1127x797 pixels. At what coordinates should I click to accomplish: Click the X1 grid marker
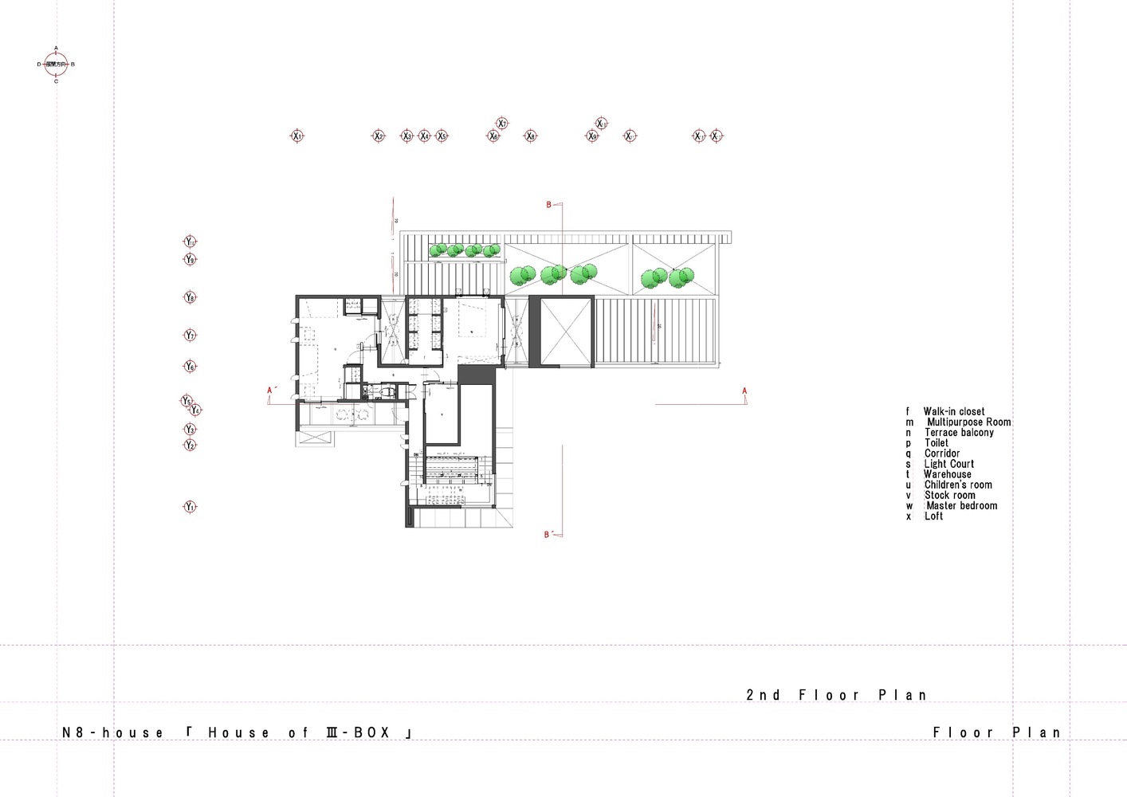(x=297, y=136)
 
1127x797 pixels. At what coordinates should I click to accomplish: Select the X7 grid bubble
(x=502, y=124)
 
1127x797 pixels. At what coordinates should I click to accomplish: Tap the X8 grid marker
(x=531, y=136)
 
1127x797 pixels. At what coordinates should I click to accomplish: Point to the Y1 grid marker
(x=190, y=507)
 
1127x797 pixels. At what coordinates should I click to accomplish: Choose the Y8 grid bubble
(x=190, y=298)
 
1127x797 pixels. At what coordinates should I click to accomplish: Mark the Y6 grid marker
(x=190, y=367)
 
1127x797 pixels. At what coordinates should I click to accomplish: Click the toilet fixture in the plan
(x=385, y=392)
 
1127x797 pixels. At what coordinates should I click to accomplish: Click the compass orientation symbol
(x=56, y=64)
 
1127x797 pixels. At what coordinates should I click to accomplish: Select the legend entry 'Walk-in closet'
(x=953, y=412)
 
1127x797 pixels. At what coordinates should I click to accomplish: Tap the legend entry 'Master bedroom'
(x=960, y=505)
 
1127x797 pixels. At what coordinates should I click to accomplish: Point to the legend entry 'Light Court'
(x=948, y=464)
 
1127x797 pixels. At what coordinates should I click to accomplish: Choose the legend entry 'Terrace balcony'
(x=959, y=433)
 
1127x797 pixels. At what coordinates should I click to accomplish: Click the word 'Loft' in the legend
(x=933, y=516)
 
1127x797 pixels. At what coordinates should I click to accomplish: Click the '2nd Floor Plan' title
(x=836, y=695)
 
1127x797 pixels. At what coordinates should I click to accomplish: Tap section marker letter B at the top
(x=548, y=205)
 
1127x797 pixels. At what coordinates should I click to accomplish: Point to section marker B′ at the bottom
(x=548, y=535)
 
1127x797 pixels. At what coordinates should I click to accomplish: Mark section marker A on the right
(x=744, y=391)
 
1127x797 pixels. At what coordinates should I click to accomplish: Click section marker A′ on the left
(x=271, y=391)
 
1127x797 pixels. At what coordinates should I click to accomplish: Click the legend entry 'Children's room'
(x=958, y=485)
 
